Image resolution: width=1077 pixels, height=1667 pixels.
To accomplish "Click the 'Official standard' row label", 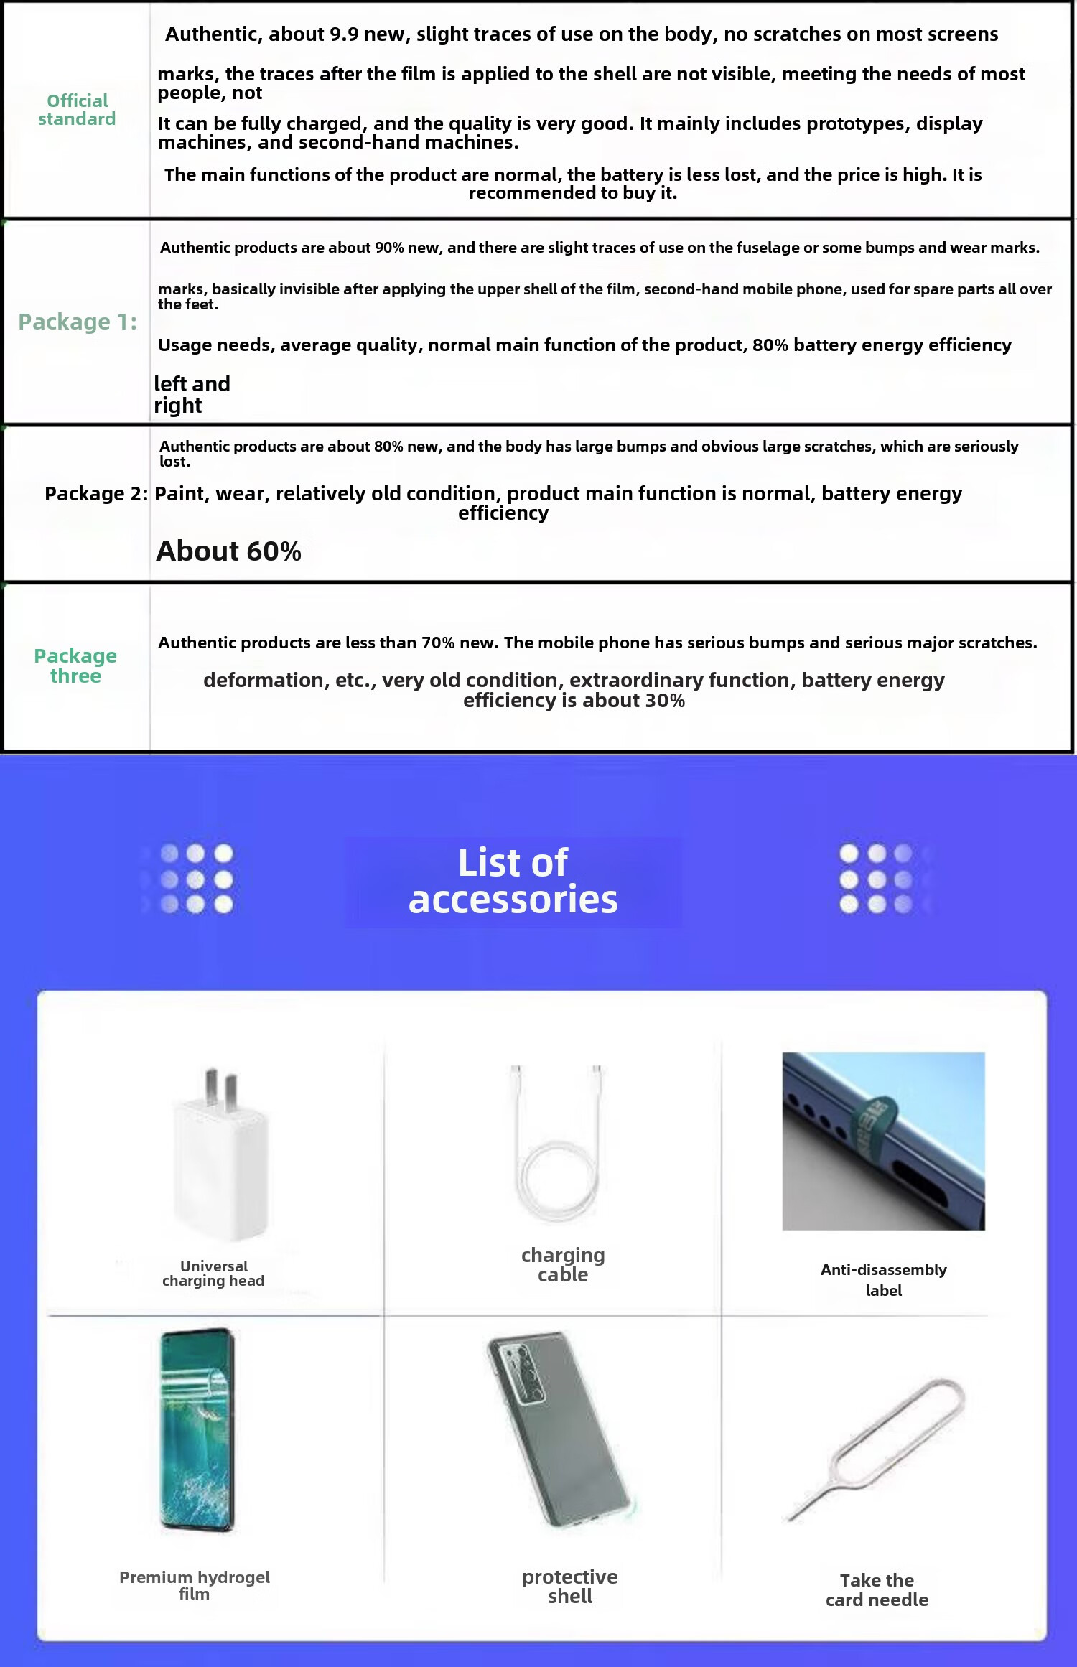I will click(77, 110).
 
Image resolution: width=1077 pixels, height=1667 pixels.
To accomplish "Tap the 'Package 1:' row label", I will click(78, 322).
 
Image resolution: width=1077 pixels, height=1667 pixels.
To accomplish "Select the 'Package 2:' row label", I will click(96, 494).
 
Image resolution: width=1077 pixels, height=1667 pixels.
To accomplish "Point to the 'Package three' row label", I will click(75, 666).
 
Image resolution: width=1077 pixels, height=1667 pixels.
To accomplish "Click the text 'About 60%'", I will click(228, 551).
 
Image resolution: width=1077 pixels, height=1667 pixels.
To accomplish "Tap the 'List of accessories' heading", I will click(513, 881).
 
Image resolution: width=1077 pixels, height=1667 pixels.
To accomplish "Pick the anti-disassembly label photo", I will click(883, 1141).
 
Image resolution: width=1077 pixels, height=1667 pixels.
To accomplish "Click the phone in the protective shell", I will click(560, 1429).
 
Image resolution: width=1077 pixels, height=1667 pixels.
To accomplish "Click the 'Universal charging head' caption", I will click(213, 1274).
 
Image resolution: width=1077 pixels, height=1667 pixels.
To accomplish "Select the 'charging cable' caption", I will click(563, 1265).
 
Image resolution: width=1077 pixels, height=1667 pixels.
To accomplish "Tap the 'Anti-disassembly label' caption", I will click(883, 1280).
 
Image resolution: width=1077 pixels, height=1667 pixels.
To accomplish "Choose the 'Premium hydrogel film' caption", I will click(195, 1585).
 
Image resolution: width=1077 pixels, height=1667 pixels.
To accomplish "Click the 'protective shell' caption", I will click(570, 1587).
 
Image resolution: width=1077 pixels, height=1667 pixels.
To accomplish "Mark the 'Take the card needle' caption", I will click(877, 1590).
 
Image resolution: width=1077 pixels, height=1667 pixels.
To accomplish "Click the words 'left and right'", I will click(192, 395).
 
